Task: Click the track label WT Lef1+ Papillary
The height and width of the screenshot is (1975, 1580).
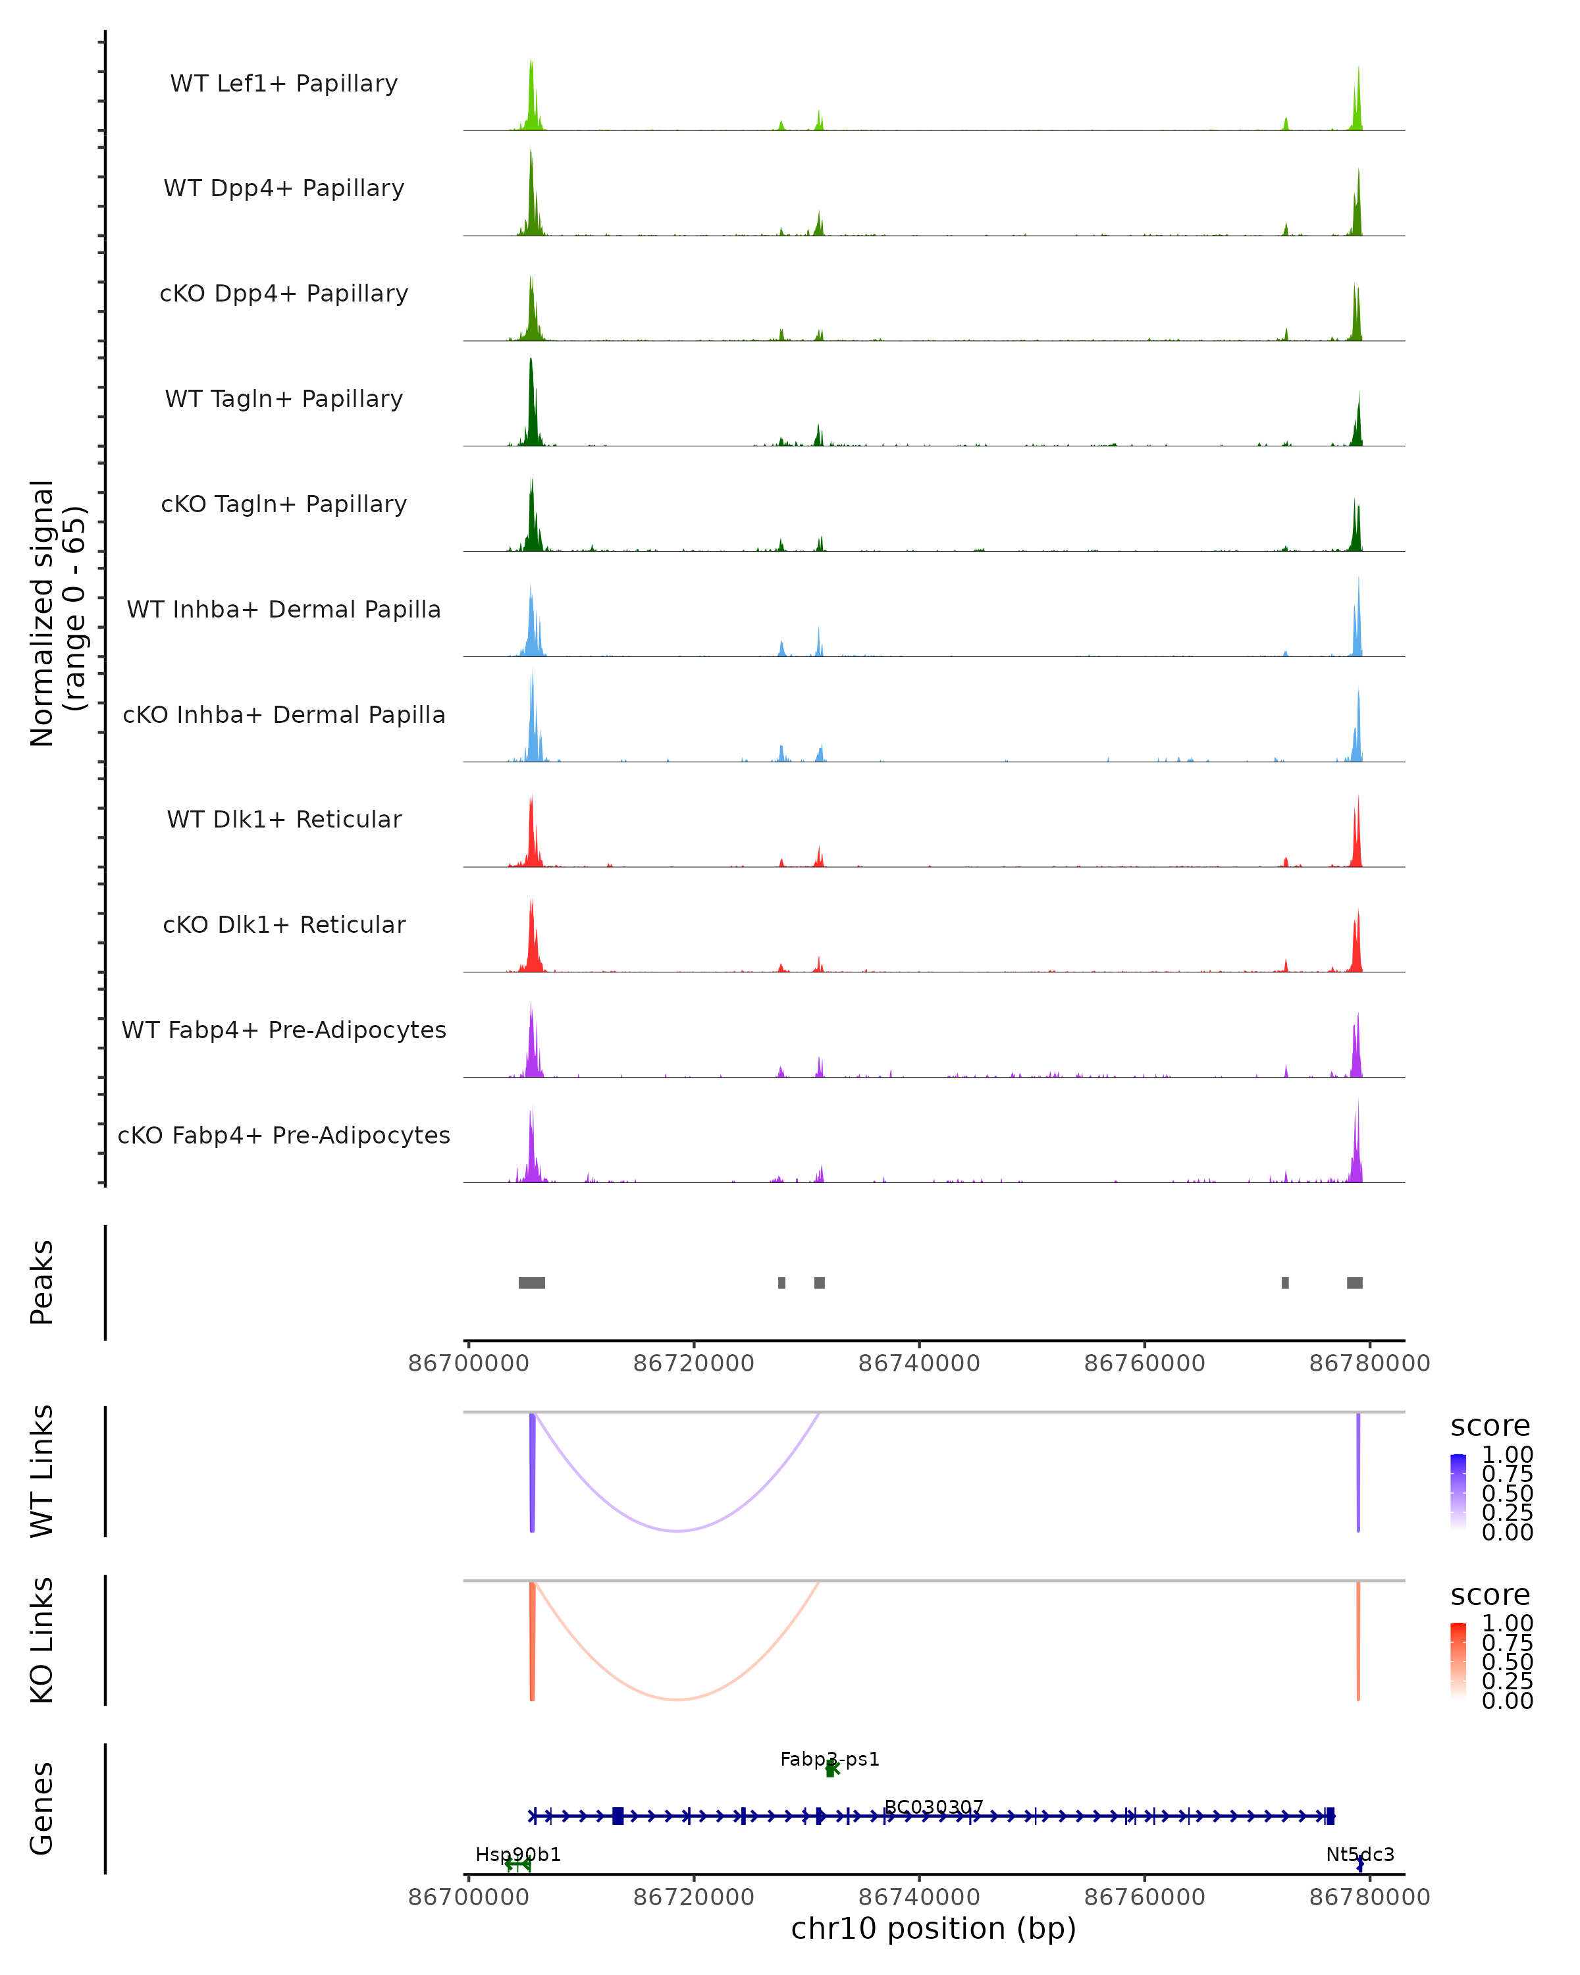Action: (x=284, y=84)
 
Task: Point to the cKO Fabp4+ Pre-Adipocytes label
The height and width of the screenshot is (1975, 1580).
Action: (x=284, y=1135)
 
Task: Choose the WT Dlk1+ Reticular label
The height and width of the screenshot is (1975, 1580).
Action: (x=284, y=819)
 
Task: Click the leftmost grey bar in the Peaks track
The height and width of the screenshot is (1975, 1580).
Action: (x=531, y=1282)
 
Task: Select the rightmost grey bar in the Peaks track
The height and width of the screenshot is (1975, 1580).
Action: (x=1355, y=1282)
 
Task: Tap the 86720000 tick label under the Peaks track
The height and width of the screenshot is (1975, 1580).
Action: (x=693, y=1364)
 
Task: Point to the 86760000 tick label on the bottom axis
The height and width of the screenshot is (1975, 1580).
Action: (x=1144, y=1897)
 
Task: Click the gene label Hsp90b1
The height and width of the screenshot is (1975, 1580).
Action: (x=517, y=1855)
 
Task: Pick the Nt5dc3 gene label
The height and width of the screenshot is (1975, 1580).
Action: (x=1360, y=1855)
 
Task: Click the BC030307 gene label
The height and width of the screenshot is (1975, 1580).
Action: (x=934, y=1807)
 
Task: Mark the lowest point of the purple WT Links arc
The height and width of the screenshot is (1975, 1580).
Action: (x=677, y=1531)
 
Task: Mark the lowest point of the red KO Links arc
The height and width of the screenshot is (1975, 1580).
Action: (x=677, y=1699)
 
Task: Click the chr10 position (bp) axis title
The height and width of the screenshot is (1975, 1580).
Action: (x=934, y=1929)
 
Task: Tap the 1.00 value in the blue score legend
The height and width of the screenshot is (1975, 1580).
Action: (x=1508, y=1455)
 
